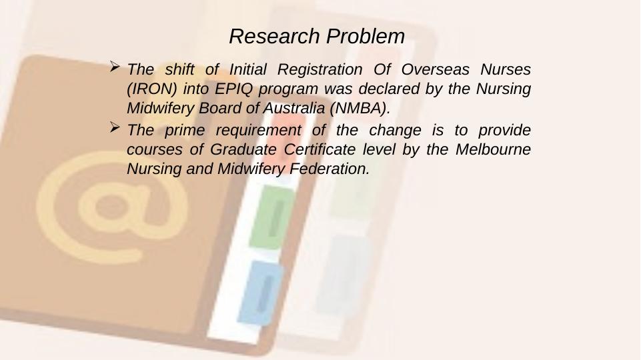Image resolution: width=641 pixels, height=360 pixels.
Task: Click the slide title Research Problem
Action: pos(317,36)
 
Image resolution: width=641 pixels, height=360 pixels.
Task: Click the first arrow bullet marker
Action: pos(115,67)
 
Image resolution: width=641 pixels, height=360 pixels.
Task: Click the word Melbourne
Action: pos(494,149)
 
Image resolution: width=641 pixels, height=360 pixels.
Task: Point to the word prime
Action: pos(175,129)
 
